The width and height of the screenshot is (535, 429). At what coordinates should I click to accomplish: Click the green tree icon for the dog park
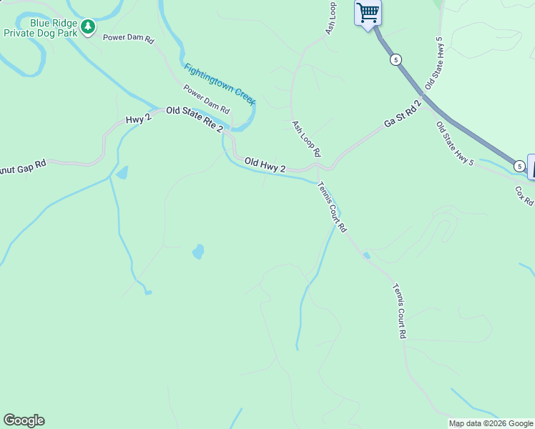[88, 27]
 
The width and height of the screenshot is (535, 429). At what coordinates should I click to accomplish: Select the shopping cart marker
[368, 12]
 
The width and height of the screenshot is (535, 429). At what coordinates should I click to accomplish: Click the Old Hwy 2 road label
[265, 164]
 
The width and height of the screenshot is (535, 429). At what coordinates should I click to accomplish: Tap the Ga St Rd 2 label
[403, 114]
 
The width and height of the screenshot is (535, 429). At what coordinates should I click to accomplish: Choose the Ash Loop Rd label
[306, 139]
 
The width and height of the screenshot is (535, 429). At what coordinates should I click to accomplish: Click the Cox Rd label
[524, 195]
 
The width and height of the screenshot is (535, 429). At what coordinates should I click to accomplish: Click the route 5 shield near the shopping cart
[396, 60]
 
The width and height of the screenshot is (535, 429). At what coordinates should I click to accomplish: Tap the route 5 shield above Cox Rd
[519, 166]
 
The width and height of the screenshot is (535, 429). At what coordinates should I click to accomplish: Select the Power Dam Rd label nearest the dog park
[129, 39]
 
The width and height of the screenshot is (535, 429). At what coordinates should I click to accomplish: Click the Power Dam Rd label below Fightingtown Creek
[206, 99]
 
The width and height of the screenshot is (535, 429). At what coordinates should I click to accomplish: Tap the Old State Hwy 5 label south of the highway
[455, 144]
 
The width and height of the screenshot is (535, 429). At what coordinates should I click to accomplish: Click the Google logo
[24, 420]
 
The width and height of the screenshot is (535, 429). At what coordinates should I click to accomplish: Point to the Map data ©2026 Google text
[491, 423]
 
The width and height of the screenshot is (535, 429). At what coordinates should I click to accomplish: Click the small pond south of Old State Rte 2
[198, 252]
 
